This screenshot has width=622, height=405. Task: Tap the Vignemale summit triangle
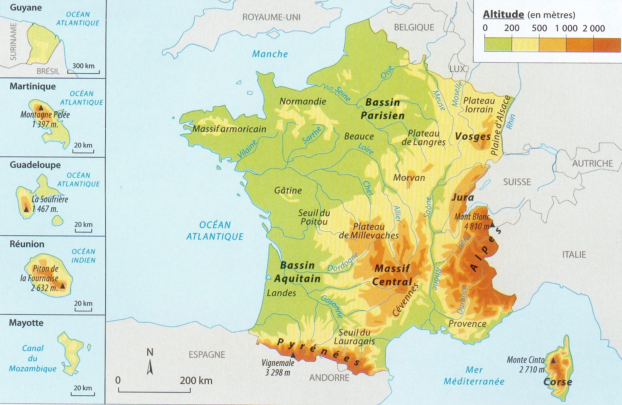(293, 355)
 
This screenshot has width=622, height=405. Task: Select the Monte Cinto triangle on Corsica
(553, 361)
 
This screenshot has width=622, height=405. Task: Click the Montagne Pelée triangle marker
(41, 108)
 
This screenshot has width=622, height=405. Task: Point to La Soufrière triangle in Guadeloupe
(26, 209)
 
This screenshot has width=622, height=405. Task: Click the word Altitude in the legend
(503, 14)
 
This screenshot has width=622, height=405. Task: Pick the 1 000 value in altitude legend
(566, 28)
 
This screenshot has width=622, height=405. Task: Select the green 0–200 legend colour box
(498, 45)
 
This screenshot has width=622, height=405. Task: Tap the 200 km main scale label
(196, 380)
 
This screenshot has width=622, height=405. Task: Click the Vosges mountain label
(473, 136)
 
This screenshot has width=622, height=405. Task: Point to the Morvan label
(409, 178)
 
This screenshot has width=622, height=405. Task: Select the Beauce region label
(359, 136)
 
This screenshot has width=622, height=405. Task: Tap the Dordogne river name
(343, 262)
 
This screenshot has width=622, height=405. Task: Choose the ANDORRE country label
(329, 378)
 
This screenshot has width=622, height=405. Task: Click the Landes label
(281, 293)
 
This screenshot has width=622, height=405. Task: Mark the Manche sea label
(270, 54)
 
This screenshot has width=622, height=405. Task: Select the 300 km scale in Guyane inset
(83, 66)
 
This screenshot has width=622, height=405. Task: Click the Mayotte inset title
(26, 322)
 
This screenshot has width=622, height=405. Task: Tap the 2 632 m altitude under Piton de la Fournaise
(44, 288)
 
